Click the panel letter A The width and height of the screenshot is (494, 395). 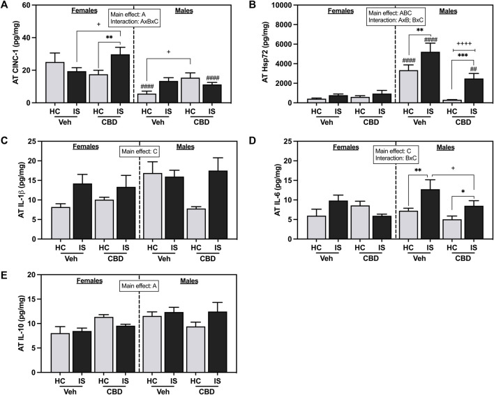(6, 6)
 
